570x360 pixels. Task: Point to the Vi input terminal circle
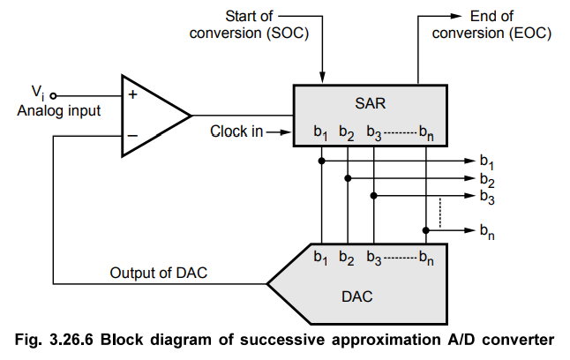[x=53, y=94]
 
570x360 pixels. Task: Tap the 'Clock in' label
[x=236, y=132]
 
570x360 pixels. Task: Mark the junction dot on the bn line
[x=426, y=230]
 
